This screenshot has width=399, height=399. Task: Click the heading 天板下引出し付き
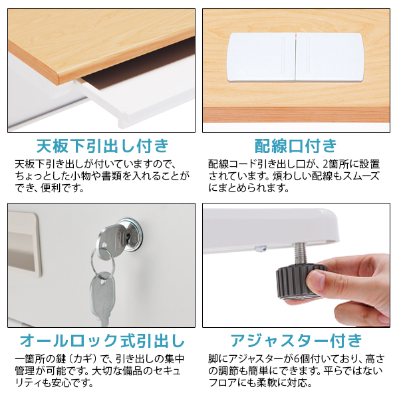tap(102, 146)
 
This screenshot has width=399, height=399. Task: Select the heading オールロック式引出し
tap(102, 341)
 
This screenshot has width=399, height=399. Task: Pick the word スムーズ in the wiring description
tap(360, 176)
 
